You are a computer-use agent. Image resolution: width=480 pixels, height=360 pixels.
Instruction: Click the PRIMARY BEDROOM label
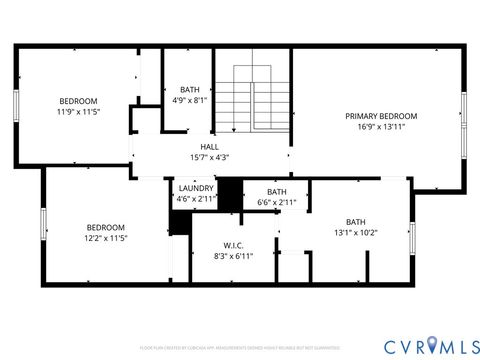pyautogui.click(x=381, y=116)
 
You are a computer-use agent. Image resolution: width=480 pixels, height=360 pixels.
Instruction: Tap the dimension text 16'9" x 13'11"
pyautogui.click(x=381, y=128)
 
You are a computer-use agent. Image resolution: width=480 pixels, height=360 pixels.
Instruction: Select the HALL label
pyautogui.click(x=209, y=146)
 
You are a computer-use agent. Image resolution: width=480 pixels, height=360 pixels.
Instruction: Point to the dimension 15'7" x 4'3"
pyautogui.click(x=209, y=157)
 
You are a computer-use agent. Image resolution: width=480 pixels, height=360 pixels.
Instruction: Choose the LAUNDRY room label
pyautogui.click(x=195, y=188)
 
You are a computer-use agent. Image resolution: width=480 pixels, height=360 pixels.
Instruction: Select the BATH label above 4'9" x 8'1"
pyautogui.click(x=189, y=89)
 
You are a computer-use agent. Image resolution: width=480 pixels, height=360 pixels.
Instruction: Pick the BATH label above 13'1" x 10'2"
pyautogui.click(x=356, y=222)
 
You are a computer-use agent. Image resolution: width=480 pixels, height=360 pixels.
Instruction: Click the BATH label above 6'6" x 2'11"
pyautogui.click(x=277, y=192)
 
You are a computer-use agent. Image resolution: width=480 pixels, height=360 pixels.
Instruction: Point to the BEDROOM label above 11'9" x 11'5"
pyautogui.click(x=78, y=101)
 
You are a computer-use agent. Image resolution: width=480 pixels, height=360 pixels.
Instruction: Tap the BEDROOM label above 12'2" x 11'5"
pyautogui.click(x=105, y=227)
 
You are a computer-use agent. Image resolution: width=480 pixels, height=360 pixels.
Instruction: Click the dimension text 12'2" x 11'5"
pyautogui.click(x=105, y=239)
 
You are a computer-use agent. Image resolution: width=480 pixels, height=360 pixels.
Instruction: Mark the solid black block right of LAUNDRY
pyautogui.click(x=230, y=195)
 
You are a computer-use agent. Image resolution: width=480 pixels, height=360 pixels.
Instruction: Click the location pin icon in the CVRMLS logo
pyautogui.click(x=431, y=346)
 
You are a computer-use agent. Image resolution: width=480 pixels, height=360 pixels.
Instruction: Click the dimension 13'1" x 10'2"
pyautogui.click(x=356, y=233)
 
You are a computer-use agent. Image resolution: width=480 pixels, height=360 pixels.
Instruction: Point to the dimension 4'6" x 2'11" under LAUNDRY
pyautogui.click(x=195, y=199)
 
